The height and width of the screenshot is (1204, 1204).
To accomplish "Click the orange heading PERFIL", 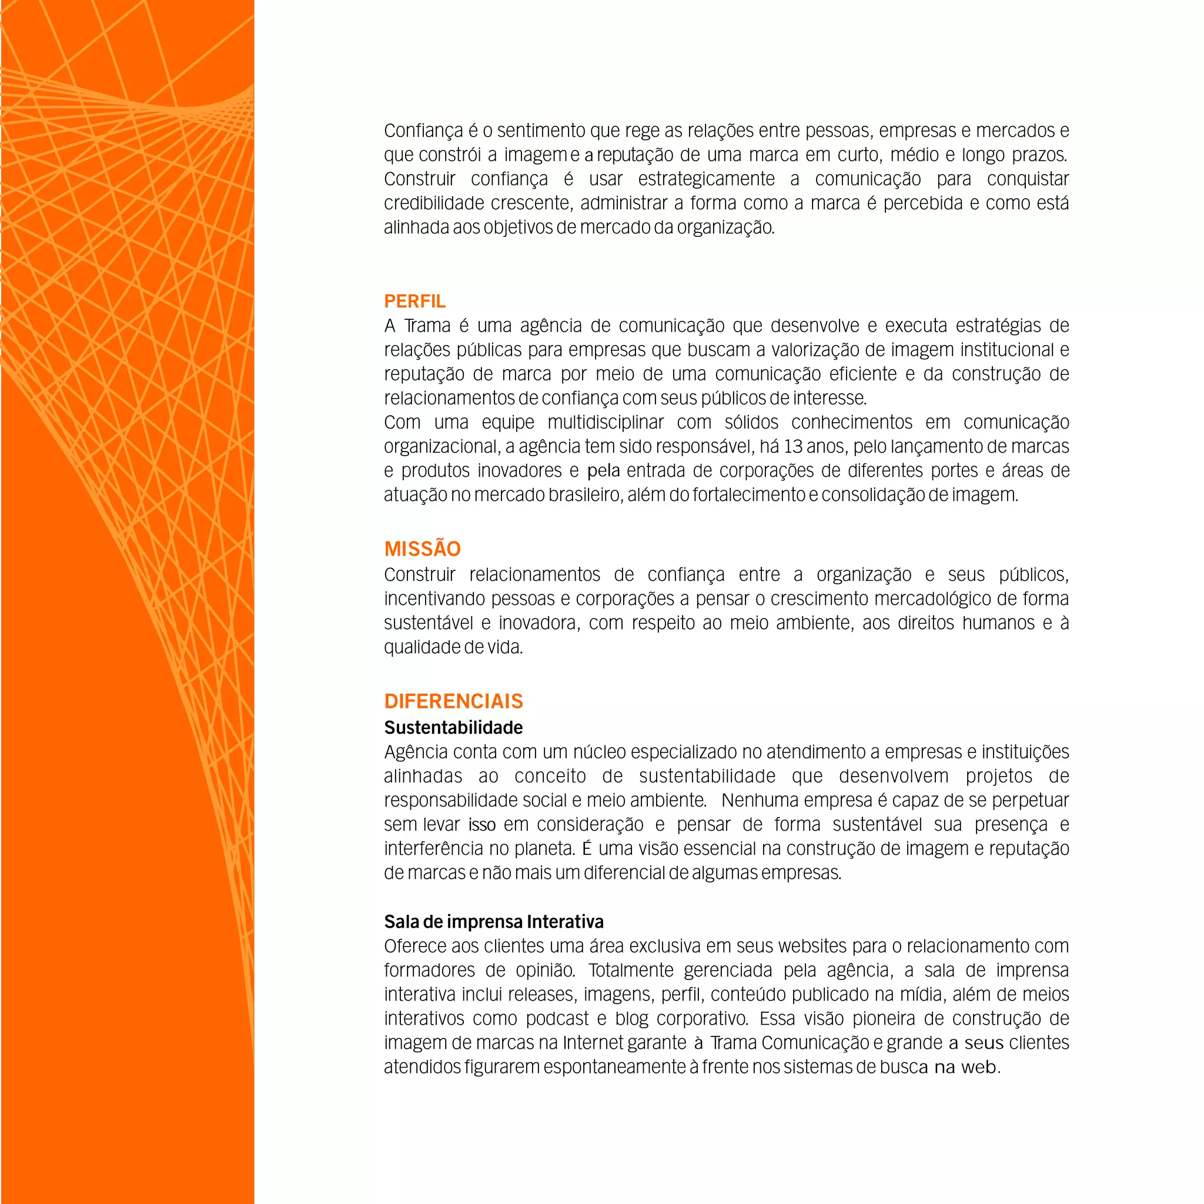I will click(x=414, y=302).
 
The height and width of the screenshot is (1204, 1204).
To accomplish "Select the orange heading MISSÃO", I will click(x=422, y=549).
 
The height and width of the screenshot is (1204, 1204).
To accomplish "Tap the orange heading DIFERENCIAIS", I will click(x=453, y=701).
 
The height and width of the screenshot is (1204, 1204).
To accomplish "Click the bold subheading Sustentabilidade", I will click(x=453, y=727).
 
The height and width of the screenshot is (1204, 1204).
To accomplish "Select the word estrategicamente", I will click(x=706, y=179).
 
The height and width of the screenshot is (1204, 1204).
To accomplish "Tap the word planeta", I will click(x=543, y=849).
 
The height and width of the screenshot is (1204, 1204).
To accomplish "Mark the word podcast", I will click(x=557, y=1019).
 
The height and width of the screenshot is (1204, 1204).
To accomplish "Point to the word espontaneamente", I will click(x=614, y=1068).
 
